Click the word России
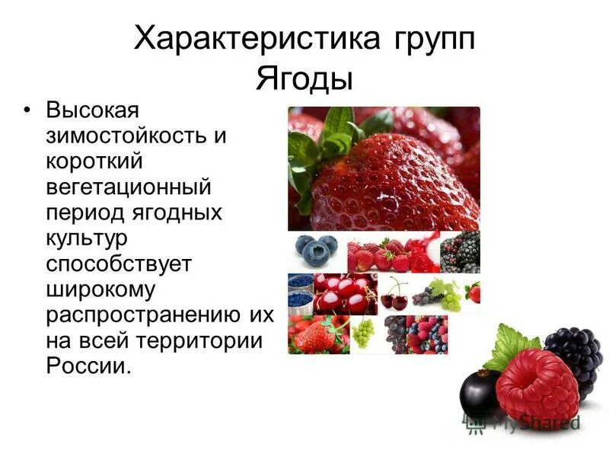coord(88,366)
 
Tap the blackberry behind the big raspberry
coord(574,354)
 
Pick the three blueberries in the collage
coord(317,249)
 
